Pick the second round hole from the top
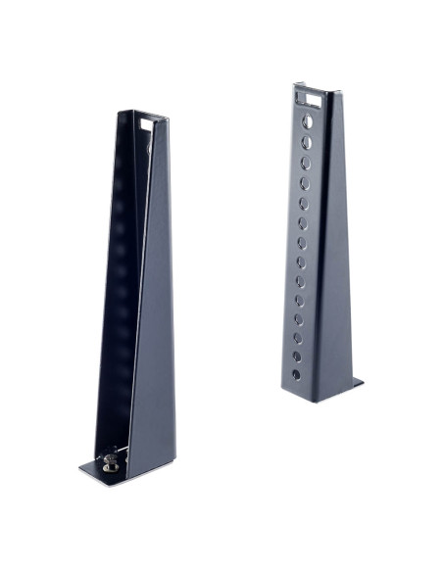[306, 143]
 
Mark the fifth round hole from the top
[303, 203]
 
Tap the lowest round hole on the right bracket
[296, 374]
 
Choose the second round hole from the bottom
[297, 356]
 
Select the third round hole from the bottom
[298, 337]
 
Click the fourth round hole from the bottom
[298, 318]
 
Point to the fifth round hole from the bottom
[299, 300]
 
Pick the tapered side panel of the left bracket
[157, 323]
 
